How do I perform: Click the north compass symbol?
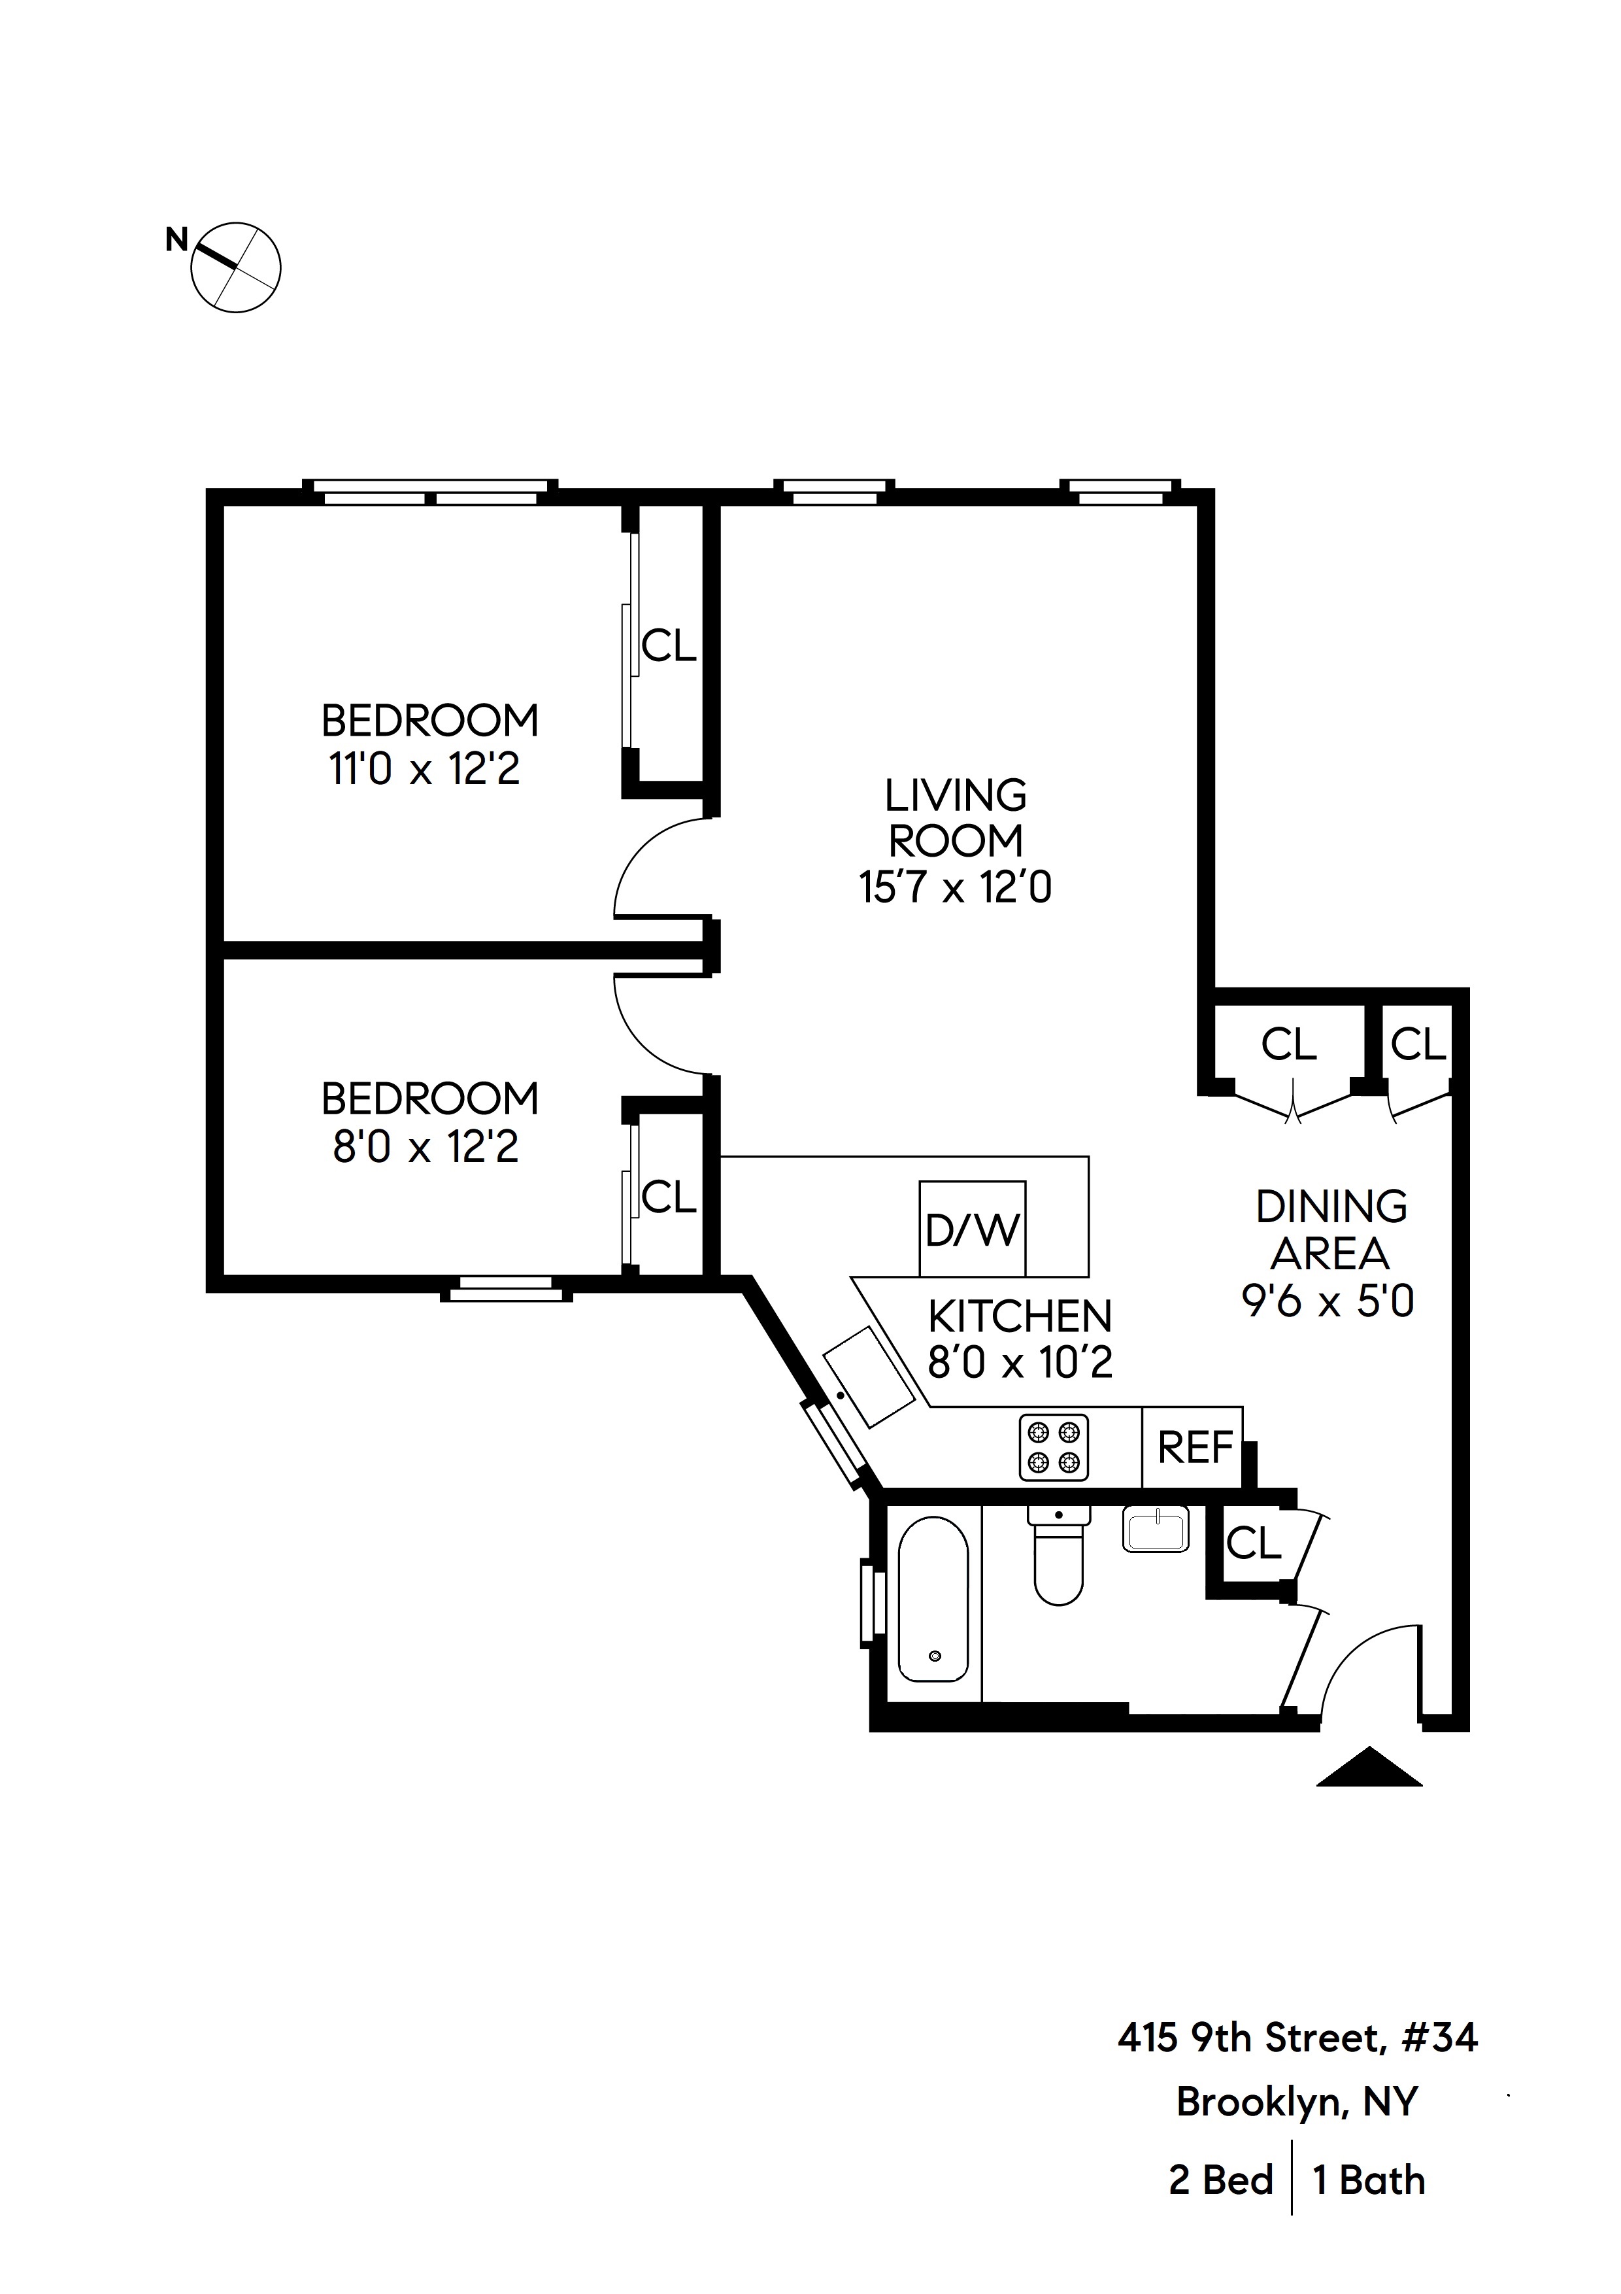click(236, 267)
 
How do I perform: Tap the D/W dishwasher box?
click(972, 1229)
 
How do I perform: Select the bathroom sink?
click(1156, 1530)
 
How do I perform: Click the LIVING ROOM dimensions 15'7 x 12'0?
click(955, 888)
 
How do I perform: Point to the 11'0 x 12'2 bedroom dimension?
click(424, 769)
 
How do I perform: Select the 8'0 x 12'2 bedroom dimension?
click(426, 1147)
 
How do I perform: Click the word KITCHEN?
click(1019, 1317)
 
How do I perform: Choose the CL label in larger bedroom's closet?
click(668, 647)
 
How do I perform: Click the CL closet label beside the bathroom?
click(1252, 1545)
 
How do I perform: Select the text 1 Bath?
click(1368, 2180)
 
